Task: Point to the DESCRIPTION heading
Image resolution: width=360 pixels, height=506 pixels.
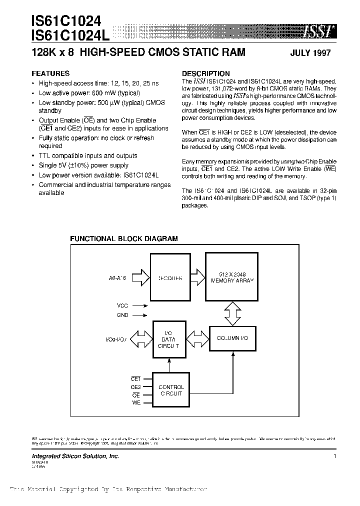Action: [x=205, y=73]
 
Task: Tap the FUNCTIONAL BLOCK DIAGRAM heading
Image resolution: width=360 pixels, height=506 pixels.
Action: [x=123, y=239]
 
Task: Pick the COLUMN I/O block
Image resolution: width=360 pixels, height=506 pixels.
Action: [x=232, y=338]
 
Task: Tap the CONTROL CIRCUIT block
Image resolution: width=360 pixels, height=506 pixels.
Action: [x=170, y=390]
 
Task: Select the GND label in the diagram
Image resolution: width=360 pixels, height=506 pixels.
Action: [x=122, y=315]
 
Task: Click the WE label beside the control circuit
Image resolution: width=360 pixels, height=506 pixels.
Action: [x=136, y=402]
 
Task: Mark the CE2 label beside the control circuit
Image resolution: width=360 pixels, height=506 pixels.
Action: [x=135, y=387]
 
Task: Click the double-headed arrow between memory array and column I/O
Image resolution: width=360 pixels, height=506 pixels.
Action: [x=232, y=313]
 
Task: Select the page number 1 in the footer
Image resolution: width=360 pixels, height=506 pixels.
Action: [x=334, y=456]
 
